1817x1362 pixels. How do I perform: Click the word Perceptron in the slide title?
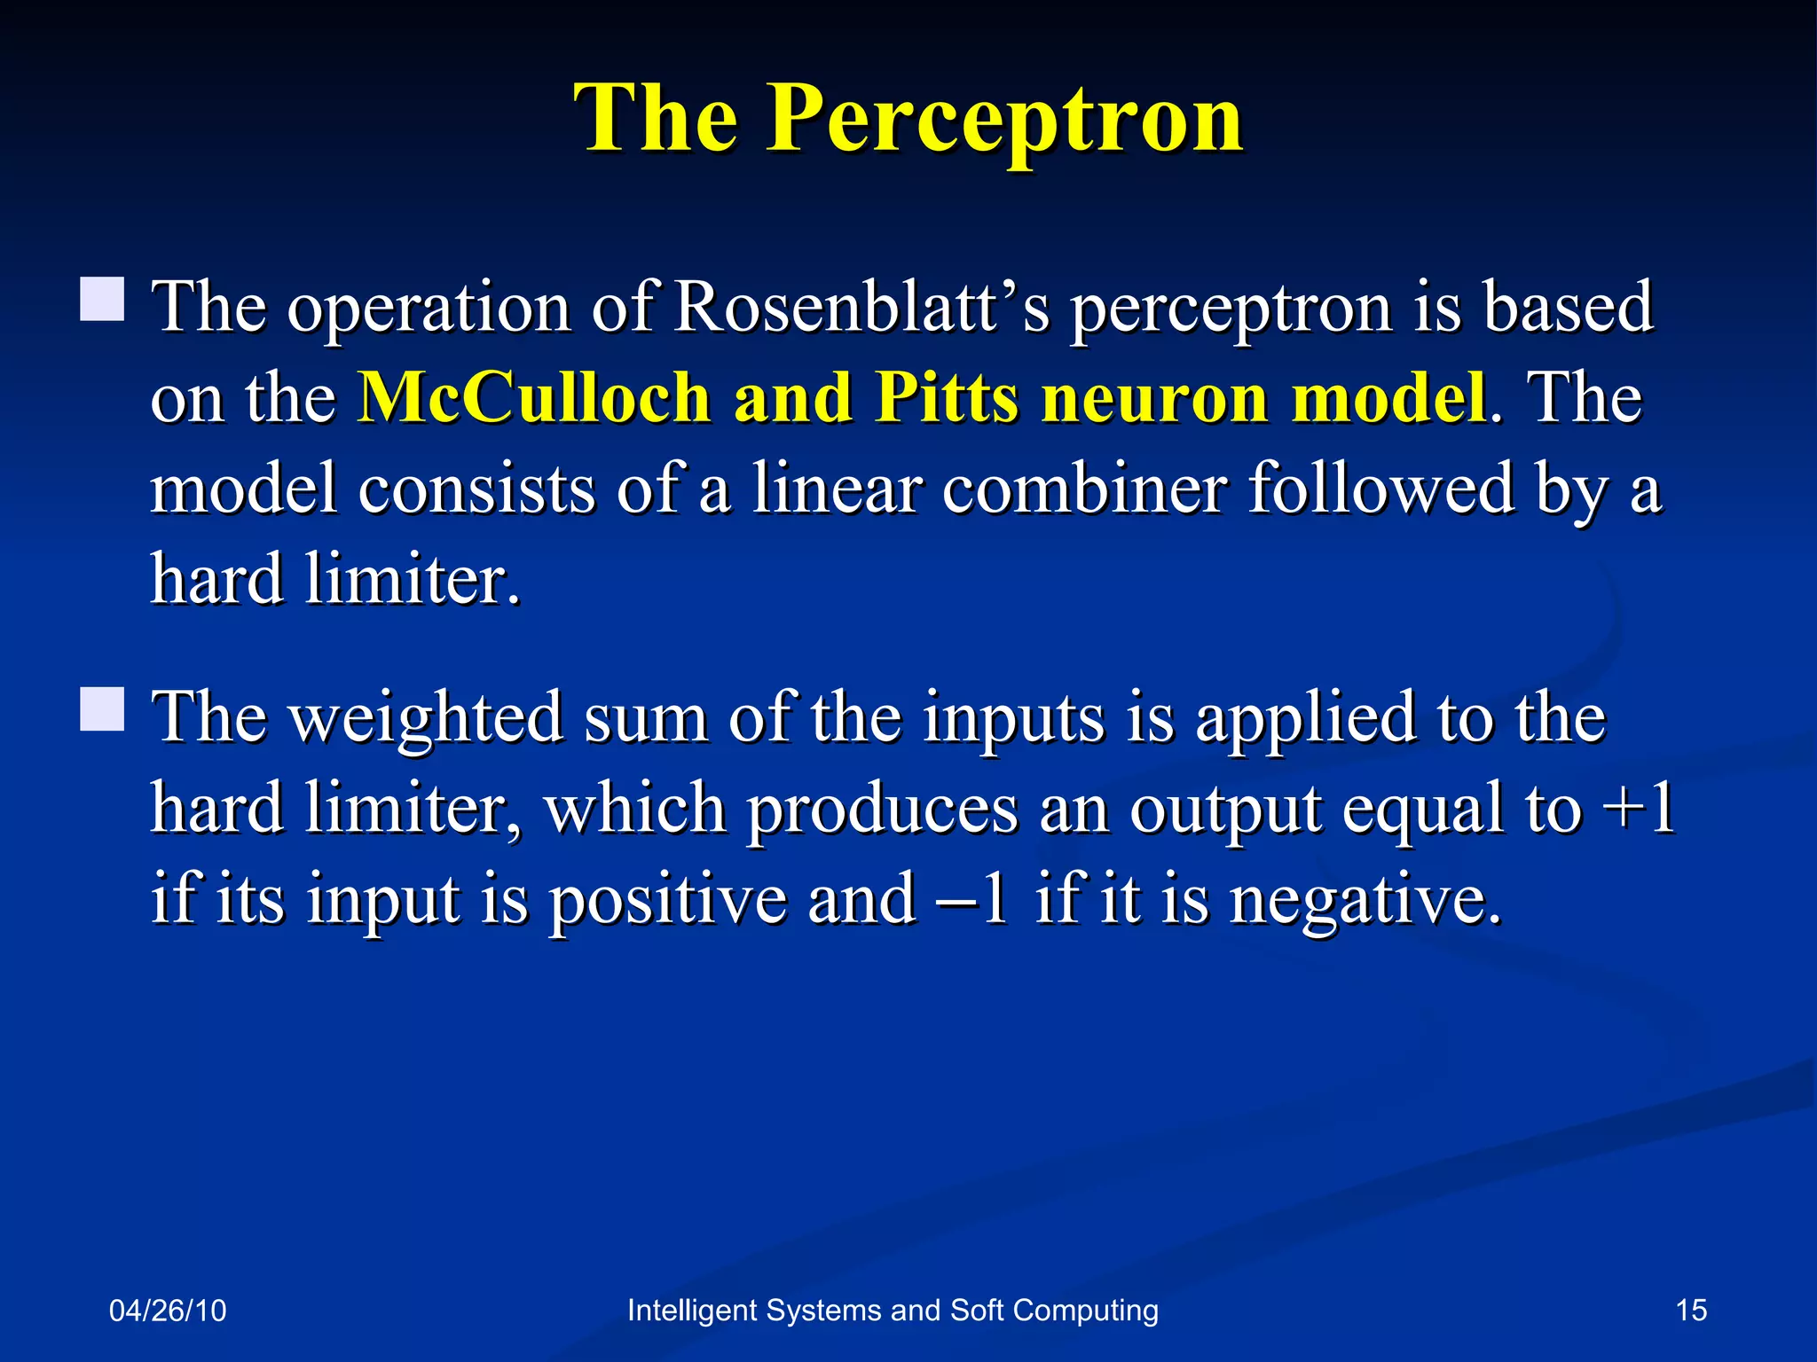point(1004,120)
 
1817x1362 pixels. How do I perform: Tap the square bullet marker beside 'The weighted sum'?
point(102,708)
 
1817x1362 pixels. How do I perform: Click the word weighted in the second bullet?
point(426,718)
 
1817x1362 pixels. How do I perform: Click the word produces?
point(882,809)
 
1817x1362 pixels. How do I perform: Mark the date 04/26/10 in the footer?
point(168,1311)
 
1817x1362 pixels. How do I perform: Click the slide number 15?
point(1691,1310)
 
